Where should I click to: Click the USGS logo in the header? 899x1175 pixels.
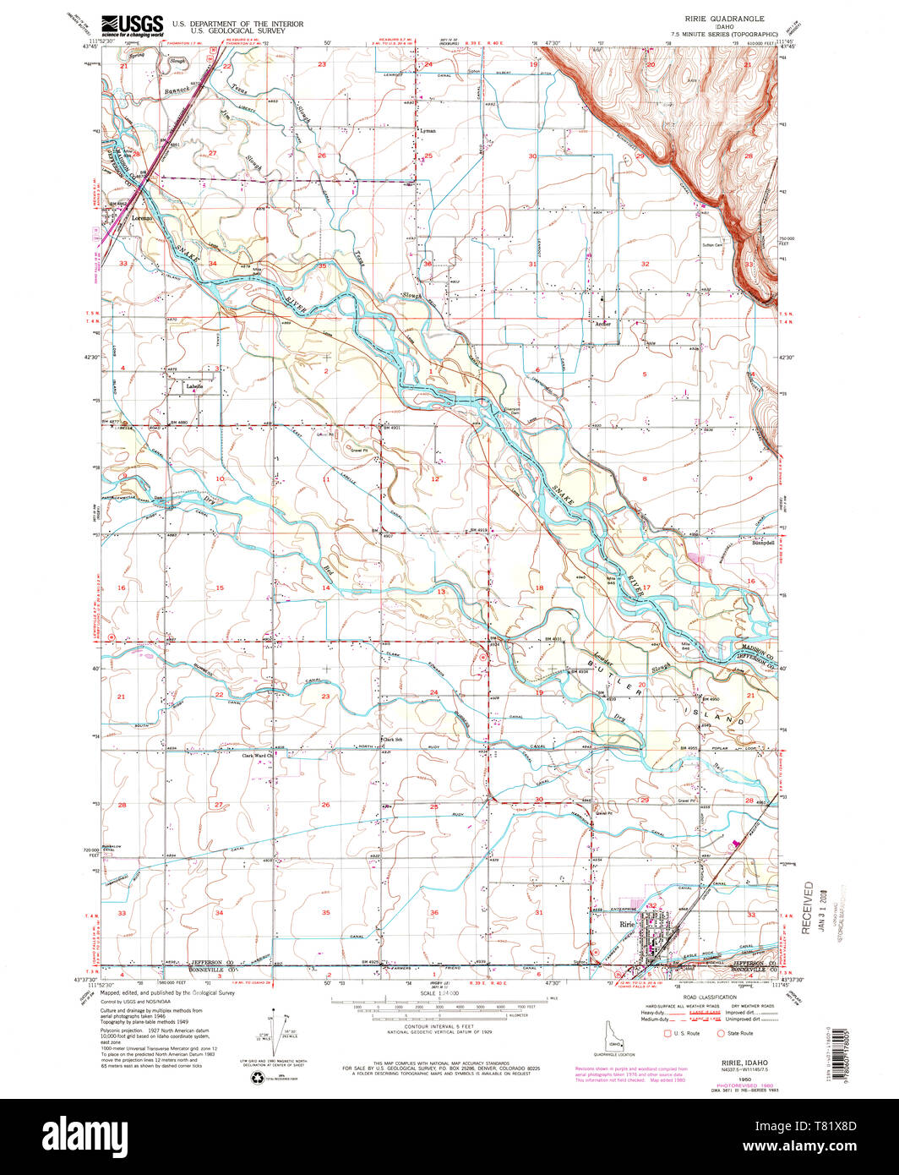pyautogui.click(x=132, y=25)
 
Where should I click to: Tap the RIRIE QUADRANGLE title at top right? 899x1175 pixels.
pyautogui.click(x=719, y=18)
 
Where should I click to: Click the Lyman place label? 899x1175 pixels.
pyautogui.click(x=428, y=131)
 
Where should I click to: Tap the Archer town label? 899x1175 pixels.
pyautogui.click(x=602, y=323)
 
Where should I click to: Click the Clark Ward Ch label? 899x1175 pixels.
pyautogui.click(x=259, y=756)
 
